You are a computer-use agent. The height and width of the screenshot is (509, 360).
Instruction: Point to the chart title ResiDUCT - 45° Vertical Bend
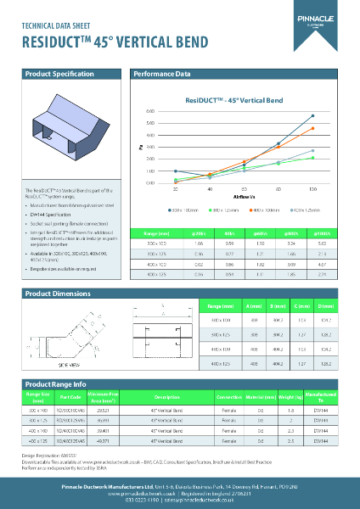233,100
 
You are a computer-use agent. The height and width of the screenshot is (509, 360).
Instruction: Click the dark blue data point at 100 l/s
313,115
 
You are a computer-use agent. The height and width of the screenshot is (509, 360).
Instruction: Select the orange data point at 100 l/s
313,128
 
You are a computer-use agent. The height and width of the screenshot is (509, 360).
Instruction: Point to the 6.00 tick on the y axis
150,111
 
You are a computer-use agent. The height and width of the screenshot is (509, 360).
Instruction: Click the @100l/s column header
321,232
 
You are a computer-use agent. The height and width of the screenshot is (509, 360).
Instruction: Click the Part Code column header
71,397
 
